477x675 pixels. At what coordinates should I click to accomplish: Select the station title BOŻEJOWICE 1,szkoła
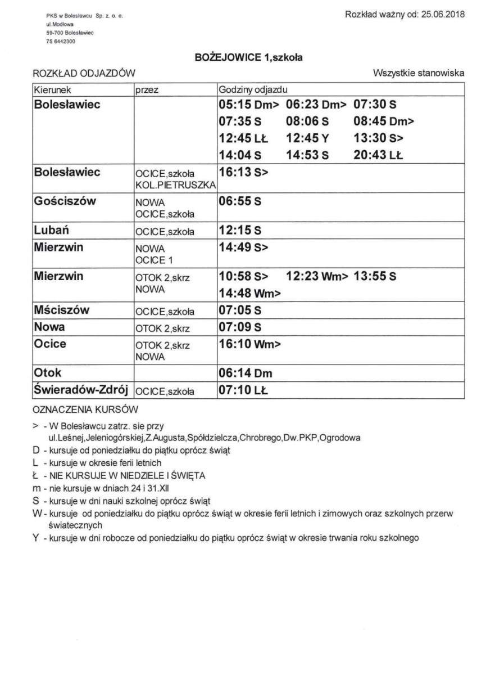click(238, 57)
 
